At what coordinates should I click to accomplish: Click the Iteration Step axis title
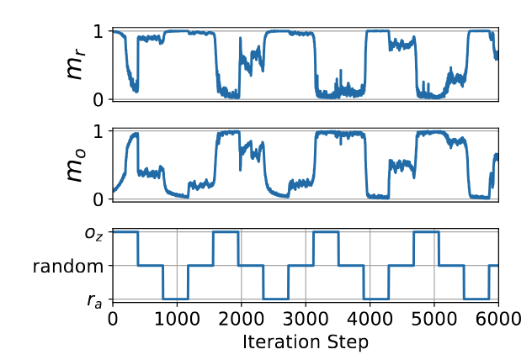(x=305, y=341)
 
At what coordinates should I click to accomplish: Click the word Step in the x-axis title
(x=348, y=341)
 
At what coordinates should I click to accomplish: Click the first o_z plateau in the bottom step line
(x=125, y=231)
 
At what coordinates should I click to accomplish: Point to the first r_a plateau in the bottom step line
(x=175, y=299)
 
